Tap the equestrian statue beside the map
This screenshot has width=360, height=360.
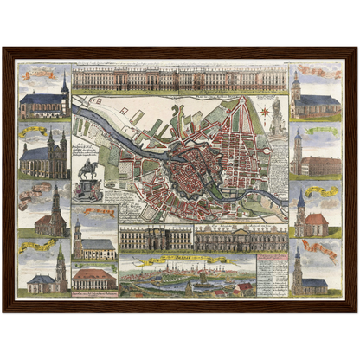[x=87, y=170]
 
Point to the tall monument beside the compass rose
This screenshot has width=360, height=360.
[x=278, y=116]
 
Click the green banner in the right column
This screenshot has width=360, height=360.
[x=321, y=132]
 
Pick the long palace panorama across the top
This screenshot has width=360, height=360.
[x=179, y=80]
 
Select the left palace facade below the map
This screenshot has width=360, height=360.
[x=156, y=236]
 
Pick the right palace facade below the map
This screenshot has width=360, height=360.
[x=241, y=236]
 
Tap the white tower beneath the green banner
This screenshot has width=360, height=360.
[x=299, y=156]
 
